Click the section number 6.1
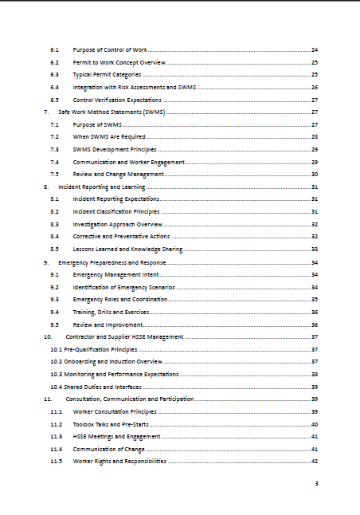54,49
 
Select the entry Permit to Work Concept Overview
119,62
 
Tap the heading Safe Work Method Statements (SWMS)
112,112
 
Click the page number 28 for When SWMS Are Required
315,137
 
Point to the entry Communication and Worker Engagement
128,162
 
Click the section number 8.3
54,224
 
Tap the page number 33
315,250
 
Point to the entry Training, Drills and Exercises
111,312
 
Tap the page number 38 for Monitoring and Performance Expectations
315,374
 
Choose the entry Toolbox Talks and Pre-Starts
111,424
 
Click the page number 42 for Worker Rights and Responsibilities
315,462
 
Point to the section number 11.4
56,449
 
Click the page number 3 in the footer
316,484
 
